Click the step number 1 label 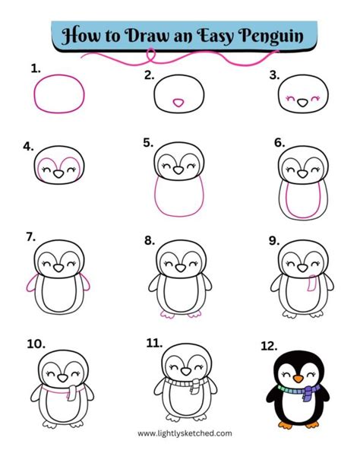pyautogui.click(x=34, y=68)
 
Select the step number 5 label pyautogui.click(x=147, y=142)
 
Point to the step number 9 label pyautogui.click(x=273, y=239)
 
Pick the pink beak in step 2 pyautogui.click(x=179, y=100)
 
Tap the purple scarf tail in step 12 pyautogui.click(x=308, y=394)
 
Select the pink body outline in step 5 pyautogui.click(x=179, y=200)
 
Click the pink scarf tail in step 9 pyautogui.click(x=309, y=284)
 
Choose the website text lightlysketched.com pyautogui.click(x=179, y=434)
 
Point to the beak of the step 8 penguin pyautogui.click(x=179, y=268)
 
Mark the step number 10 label pyautogui.click(x=35, y=344)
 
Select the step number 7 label pyautogui.click(x=30, y=237)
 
